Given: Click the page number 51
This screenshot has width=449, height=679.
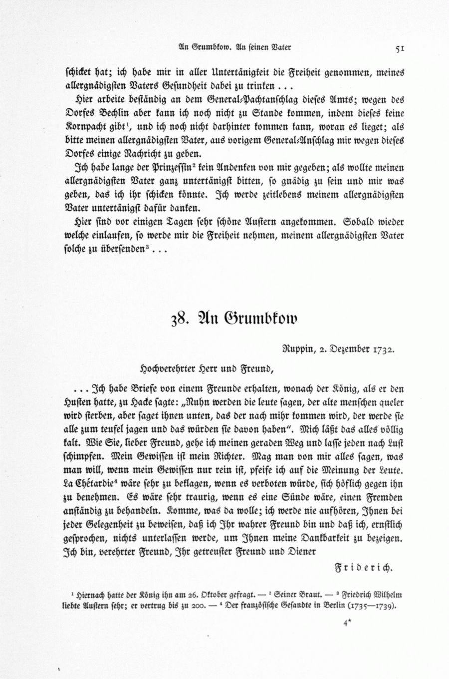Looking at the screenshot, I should [399, 48].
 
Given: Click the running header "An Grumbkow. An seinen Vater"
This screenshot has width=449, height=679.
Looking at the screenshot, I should [234, 48].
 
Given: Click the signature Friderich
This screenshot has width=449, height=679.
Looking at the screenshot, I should [363, 567].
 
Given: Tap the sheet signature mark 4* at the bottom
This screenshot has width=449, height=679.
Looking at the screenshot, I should [348, 623].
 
